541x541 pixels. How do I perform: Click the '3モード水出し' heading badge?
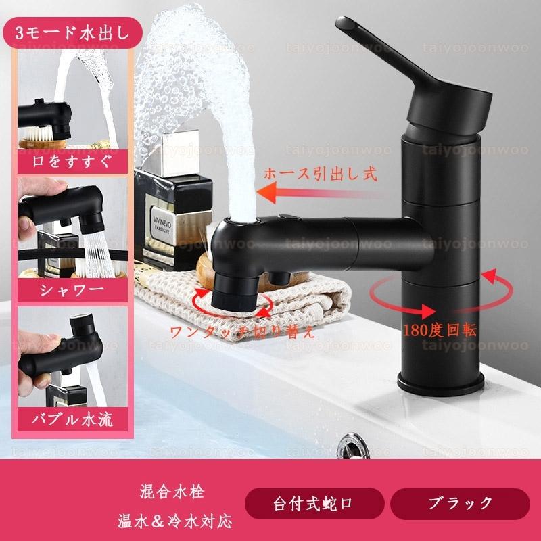pos(72,32)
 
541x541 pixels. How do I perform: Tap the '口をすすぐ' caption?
pos(72,161)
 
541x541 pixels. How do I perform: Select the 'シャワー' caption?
pos(72,290)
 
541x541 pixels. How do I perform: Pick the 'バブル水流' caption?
pos(72,419)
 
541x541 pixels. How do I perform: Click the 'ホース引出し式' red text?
pos(320,174)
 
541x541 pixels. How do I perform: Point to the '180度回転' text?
pos(440,330)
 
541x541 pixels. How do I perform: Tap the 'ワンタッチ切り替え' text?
pos(242,332)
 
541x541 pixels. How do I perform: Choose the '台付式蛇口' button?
pos(314,503)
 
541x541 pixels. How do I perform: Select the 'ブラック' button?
pos(460,503)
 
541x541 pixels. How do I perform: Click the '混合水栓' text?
pos(172,491)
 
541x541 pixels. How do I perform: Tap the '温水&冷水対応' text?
pos(174,521)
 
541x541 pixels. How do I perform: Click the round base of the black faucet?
pos(442,383)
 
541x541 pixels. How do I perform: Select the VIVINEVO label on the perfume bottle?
pos(162,225)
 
